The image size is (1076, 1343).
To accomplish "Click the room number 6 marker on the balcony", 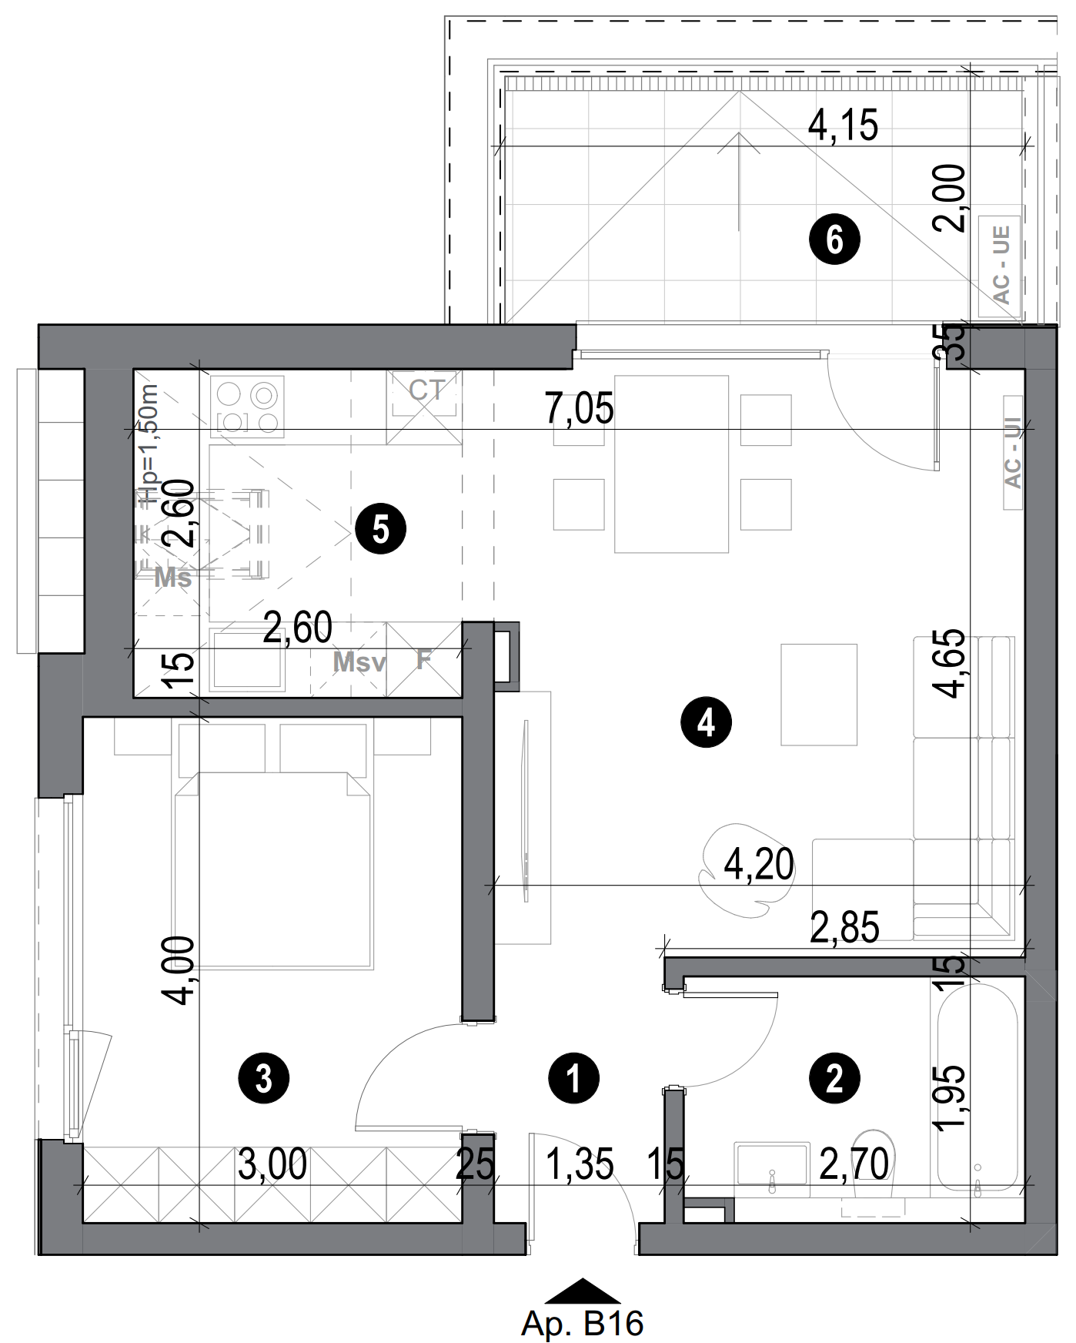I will [x=834, y=240].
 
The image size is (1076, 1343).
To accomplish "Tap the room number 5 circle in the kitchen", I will [x=381, y=530].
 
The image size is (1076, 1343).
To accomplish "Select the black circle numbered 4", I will [x=707, y=722].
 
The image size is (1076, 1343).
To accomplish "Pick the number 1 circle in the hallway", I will [x=574, y=1078].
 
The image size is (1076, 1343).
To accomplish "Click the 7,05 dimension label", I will [x=580, y=408].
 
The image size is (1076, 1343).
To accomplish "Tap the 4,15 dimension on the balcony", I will [x=843, y=126].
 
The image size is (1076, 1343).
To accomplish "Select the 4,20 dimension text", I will [x=759, y=865].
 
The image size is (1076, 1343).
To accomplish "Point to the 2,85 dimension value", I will [x=844, y=928].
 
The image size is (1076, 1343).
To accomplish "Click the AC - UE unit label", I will [x=1001, y=264].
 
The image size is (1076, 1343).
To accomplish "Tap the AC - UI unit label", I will [x=1013, y=453].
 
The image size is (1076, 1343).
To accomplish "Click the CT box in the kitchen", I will [x=425, y=407].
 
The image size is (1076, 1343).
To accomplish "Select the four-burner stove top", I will [x=247, y=407].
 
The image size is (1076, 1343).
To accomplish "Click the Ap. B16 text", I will [x=582, y=1324].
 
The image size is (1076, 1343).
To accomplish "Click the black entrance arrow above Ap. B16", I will [x=583, y=1290].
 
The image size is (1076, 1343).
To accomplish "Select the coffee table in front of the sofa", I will [x=819, y=695].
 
